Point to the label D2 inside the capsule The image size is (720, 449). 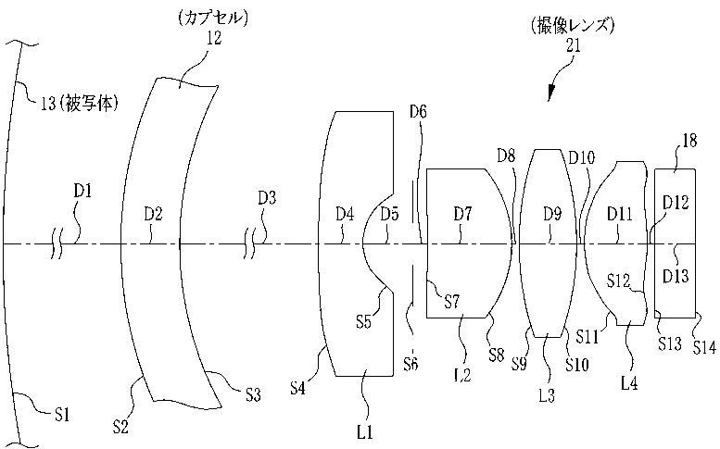pyautogui.click(x=153, y=215)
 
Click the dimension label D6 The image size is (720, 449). pyautogui.click(x=418, y=112)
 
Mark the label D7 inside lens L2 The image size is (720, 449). pyautogui.click(x=463, y=215)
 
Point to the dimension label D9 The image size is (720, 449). pyautogui.click(x=552, y=215)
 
